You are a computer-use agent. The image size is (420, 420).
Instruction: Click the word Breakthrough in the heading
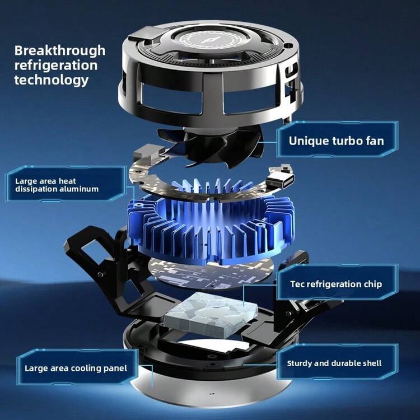60,51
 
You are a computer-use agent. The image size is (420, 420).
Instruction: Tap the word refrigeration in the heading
56,66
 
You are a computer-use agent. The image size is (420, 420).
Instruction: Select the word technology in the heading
52,80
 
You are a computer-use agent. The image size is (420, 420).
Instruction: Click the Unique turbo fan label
337,141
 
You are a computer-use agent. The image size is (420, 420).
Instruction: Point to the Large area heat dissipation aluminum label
57,185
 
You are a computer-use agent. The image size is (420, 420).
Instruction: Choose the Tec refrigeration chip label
336,284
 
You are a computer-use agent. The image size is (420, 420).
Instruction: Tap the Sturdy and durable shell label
334,363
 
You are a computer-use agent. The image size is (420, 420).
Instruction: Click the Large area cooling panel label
76,368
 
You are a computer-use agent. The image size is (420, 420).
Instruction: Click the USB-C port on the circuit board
280,180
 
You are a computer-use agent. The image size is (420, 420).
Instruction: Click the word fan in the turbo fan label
375,141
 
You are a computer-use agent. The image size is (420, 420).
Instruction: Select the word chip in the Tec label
373,284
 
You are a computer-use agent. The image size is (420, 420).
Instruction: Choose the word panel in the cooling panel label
115,369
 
